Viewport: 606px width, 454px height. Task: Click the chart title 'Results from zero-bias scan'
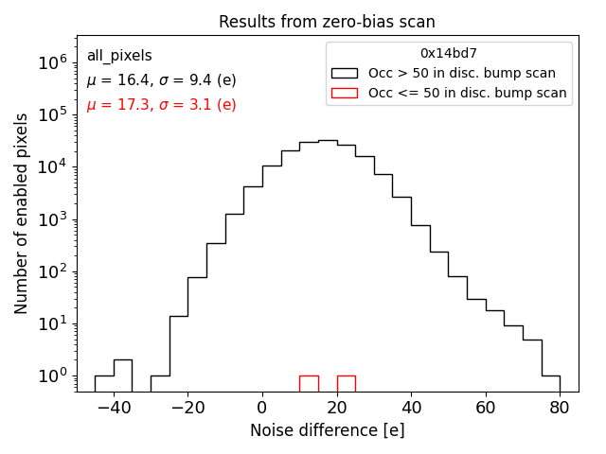click(327, 22)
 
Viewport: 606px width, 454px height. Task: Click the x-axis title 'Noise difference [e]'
click(327, 430)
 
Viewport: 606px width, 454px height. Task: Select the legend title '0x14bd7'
click(449, 54)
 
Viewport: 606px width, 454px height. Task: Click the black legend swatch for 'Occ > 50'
click(346, 73)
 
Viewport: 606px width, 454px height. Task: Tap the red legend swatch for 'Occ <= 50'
click(346, 93)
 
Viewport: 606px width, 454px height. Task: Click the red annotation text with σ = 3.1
click(161, 105)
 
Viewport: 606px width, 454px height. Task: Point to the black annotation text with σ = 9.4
click(161, 80)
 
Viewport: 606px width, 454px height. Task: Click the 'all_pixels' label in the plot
click(119, 56)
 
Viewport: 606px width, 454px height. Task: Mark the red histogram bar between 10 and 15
click(309, 383)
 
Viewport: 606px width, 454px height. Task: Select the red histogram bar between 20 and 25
click(346, 383)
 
